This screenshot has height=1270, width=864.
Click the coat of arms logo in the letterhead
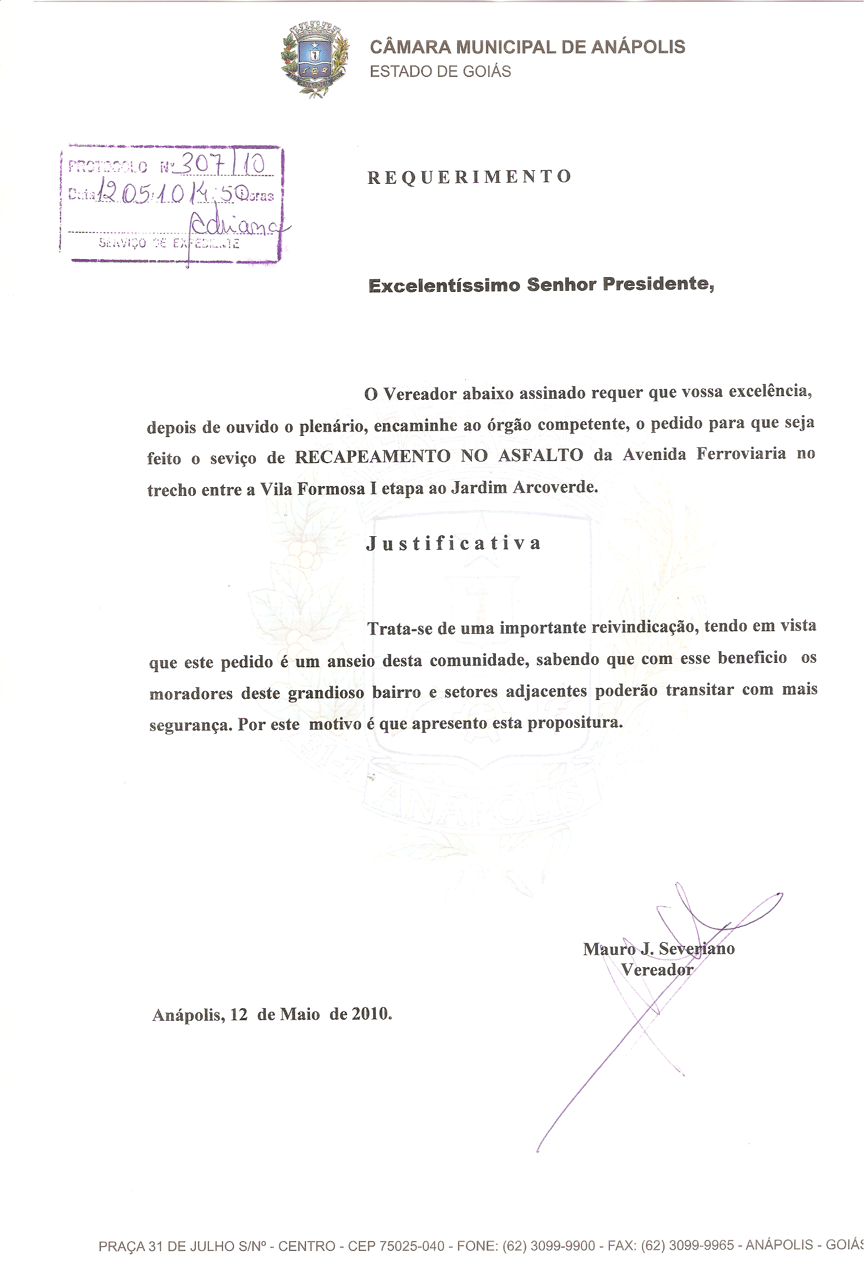315,59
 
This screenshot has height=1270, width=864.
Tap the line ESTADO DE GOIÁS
440,71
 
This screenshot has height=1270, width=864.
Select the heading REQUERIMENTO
470,177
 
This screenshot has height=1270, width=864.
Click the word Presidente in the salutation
657,284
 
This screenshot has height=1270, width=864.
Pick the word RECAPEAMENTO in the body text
372,456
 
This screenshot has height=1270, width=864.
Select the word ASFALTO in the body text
541,455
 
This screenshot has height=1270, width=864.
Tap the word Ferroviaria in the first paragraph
741,453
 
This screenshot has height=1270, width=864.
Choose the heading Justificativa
454,543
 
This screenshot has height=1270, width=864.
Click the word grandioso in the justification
326,693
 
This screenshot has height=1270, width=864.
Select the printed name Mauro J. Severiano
658,949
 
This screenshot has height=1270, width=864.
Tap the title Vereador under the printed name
656,970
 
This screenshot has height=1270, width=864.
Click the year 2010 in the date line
370,1014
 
